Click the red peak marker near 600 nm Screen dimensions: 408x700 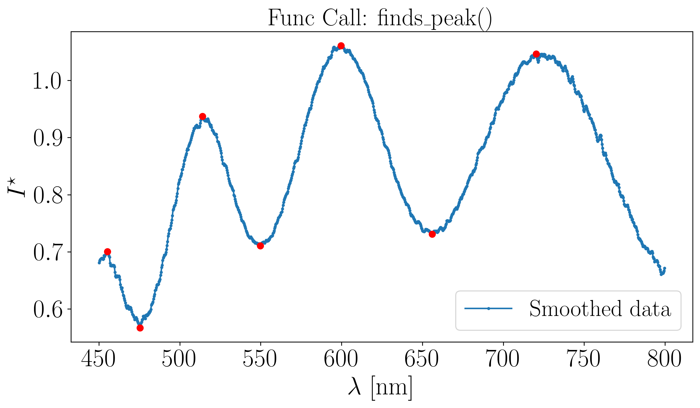(341, 46)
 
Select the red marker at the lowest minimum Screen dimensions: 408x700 (140, 328)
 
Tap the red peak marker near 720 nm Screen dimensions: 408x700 (536, 54)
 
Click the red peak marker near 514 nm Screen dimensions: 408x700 (202, 116)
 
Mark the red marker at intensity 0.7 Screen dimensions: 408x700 (107, 252)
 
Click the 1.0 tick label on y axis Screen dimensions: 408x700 (47, 81)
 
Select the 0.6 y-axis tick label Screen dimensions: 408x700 (47, 309)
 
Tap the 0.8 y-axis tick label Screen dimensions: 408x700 (47, 195)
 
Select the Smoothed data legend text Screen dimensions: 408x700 (600, 309)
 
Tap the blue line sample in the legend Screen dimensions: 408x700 (488, 308)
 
